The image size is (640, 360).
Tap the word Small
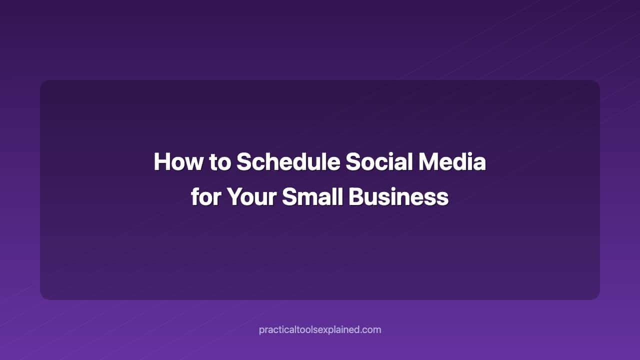[311, 196]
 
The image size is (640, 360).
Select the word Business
[398, 196]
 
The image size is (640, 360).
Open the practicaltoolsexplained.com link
[320, 329]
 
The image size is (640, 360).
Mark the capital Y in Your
[234, 196]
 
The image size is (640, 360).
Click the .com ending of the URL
[371, 329]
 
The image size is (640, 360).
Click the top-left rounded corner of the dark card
[43, 83]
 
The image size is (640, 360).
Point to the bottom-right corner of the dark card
[597, 297]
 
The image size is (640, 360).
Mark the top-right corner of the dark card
[597, 83]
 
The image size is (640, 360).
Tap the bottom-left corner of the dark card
[43, 297]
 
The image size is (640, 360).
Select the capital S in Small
[289, 196]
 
